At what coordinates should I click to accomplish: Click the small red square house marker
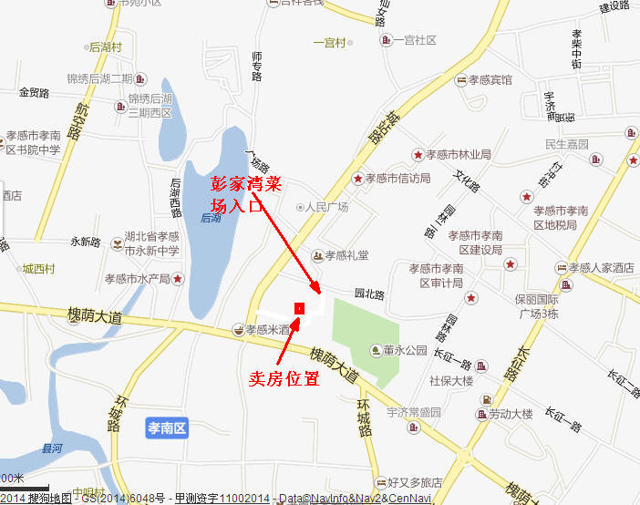click(299, 306)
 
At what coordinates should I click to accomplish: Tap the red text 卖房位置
click(284, 378)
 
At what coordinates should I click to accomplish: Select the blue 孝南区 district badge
click(167, 427)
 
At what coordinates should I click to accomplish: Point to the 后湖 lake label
click(211, 218)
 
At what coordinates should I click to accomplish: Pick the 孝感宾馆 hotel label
click(490, 80)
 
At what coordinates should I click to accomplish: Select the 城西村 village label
click(39, 269)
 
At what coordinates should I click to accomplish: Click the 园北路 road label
click(369, 294)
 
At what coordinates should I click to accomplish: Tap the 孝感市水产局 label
click(137, 278)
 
